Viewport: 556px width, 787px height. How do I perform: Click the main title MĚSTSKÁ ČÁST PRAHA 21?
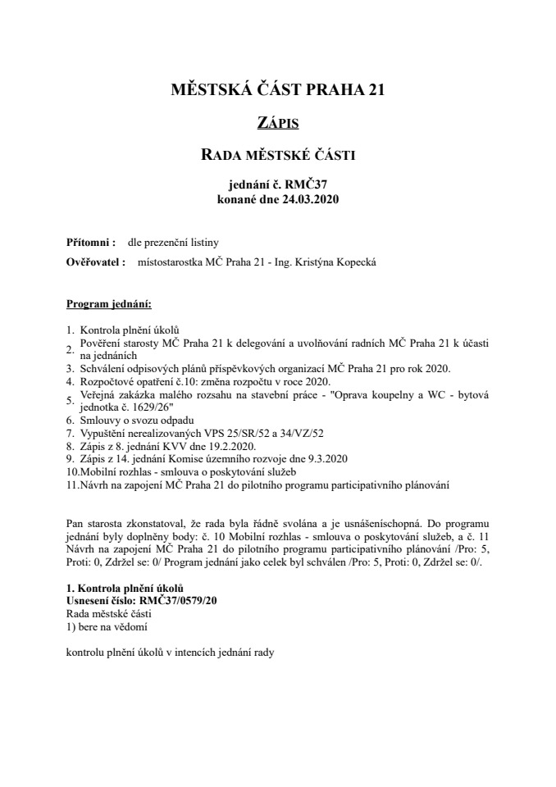coord(277,91)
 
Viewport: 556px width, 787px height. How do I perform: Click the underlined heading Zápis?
coord(277,124)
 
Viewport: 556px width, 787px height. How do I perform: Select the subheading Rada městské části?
coord(277,155)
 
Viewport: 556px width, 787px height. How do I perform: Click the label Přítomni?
coord(89,243)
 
